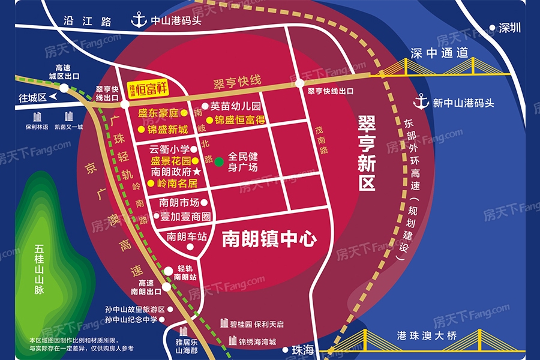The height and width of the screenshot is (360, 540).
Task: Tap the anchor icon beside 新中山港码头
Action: (x=422, y=101)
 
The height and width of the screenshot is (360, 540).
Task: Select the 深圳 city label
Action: (x=511, y=28)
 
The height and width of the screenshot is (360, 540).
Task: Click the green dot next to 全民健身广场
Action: (x=220, y=161)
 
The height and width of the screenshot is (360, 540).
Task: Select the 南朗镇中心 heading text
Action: (x=269, y=239)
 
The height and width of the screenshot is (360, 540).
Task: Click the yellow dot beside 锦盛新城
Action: (x=142, y=129)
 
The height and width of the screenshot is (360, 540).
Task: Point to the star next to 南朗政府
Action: (x=196, y=172)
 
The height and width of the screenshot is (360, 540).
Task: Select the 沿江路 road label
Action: (x=88, y=21)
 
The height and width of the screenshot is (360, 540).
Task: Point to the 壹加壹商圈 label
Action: (x=185, y=216)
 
